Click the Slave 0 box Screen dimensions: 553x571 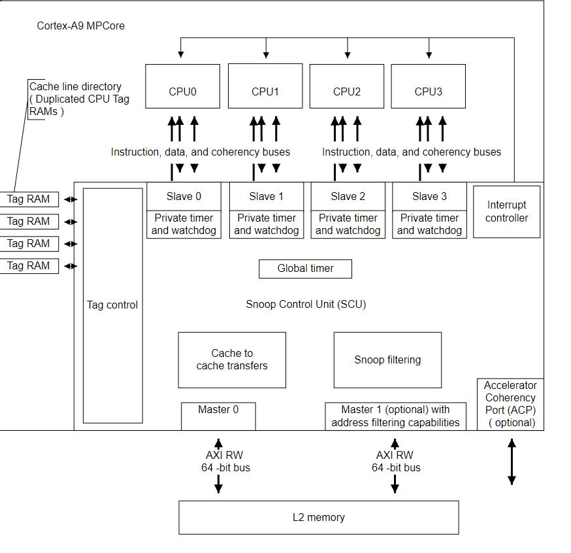click(x=183, y=196)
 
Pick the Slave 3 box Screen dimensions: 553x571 click(x=429, y=196)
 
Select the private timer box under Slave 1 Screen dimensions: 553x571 click(x=266, y=224)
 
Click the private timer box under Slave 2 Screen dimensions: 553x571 click(x=348, y=224)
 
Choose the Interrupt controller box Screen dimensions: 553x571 click(x=506, y=212)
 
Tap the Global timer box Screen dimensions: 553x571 click(x=305, y=269)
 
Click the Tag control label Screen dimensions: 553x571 click(x=112, y=305)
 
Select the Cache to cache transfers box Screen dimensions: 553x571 click(x=232, y=360)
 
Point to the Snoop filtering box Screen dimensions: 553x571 click(x=387, y=360)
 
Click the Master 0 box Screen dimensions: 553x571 click(x=218, y=416)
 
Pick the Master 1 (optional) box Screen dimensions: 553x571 click(x=395, y=416)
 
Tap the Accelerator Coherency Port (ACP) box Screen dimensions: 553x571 click(x=510, y=404)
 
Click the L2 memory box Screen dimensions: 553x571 click(x=318, y=517)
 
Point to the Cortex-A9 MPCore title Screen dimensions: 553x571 click(x=80, y=26)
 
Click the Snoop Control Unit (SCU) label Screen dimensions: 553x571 click(x=306, y=305)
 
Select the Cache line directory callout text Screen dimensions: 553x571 click(x=78, y=99)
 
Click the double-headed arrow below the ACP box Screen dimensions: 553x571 click(x=512, y=461)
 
